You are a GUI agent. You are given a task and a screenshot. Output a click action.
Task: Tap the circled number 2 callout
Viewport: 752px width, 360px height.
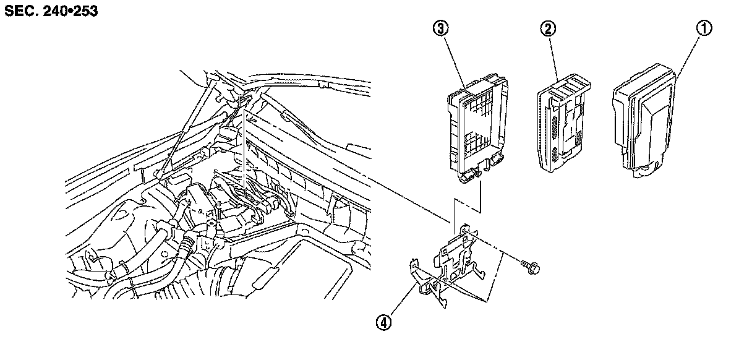click(547, 28)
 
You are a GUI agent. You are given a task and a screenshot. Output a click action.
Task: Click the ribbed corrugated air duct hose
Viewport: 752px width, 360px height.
click(186, 285)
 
